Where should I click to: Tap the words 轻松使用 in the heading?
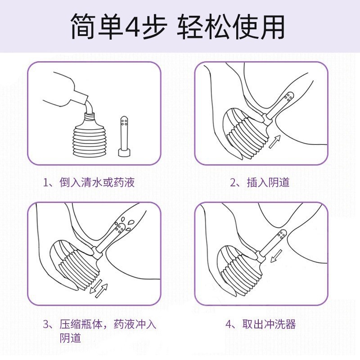230,27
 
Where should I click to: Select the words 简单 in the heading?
97,27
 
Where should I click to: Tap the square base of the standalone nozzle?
124,153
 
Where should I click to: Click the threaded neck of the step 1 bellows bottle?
89,117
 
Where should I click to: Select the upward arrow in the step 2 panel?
274,141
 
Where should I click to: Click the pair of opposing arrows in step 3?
98,288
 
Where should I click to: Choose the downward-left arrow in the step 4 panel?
276,256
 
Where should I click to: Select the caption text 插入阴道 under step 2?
268,182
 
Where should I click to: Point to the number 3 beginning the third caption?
46,324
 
